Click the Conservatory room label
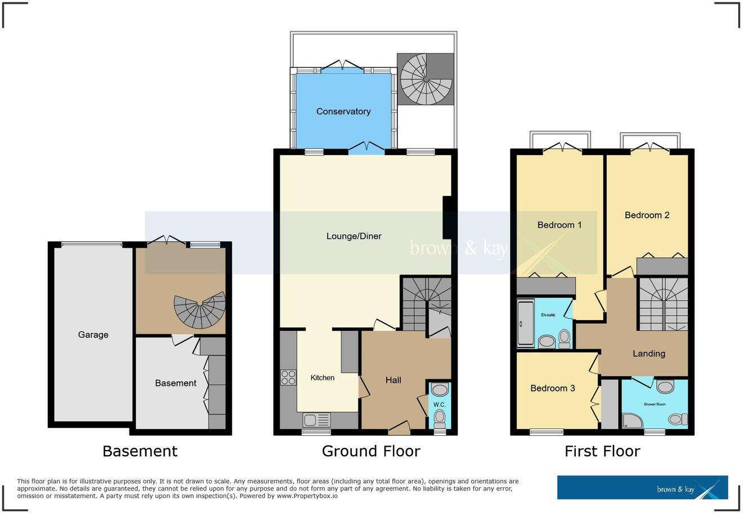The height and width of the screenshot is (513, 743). point(343,111)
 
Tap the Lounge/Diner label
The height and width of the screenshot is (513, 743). point(354,236)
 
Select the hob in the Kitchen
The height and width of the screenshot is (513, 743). point(288,377)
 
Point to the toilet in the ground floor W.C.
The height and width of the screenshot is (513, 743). point(440,417)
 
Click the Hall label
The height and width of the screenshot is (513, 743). point(393,380)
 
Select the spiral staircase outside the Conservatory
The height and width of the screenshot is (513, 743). point(426,79)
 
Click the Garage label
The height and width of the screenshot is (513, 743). point(93,335)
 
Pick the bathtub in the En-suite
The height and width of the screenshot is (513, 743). point(525,323)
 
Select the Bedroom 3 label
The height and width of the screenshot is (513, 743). point(553,388)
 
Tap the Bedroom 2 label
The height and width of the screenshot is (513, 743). point(647,215)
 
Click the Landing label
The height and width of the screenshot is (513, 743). point(649,353)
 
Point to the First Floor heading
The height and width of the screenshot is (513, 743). point(602,451)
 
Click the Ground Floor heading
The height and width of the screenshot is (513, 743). point(371,451)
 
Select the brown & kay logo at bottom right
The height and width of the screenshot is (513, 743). point(642,488)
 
